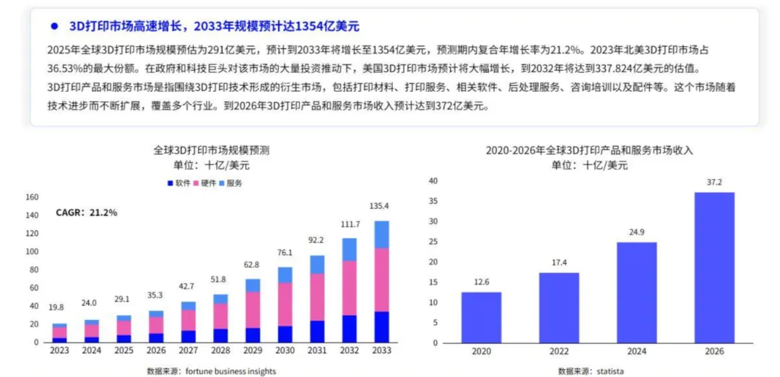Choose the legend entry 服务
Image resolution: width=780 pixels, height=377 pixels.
point(231,183)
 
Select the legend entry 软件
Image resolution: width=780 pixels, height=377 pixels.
point(179,183)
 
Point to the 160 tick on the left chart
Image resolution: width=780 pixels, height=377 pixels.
point(31,196)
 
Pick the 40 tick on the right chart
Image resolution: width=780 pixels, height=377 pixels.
point(434,181)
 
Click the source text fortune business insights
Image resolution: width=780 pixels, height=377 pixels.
point(211,370)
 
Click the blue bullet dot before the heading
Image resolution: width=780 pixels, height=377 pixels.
point(53,26)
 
